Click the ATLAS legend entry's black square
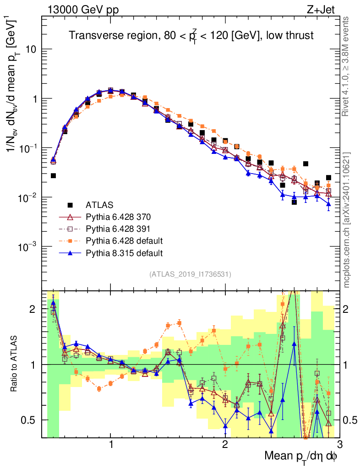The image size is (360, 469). click(70, 205)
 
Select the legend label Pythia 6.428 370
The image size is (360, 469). click(120, 217)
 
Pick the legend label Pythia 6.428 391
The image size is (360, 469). click(120, 229)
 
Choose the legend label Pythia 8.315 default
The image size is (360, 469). click(124, 252)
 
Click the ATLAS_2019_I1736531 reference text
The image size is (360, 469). click(190, 274)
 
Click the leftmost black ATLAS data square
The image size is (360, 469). click(54, 176)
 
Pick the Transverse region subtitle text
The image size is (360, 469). click(191, 36)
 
